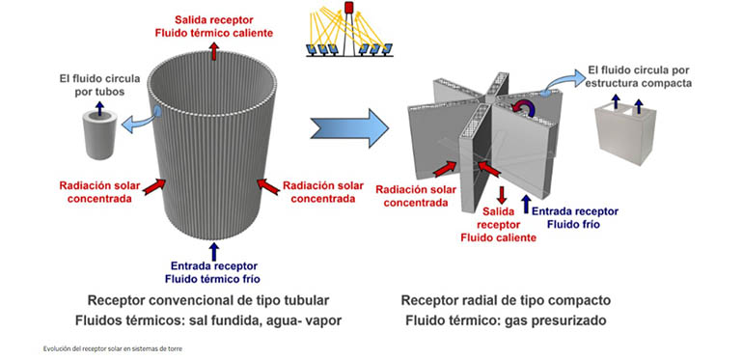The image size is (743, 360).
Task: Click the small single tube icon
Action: [x=99, y=138]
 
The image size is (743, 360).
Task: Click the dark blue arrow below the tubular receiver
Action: [x=214, y=251]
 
